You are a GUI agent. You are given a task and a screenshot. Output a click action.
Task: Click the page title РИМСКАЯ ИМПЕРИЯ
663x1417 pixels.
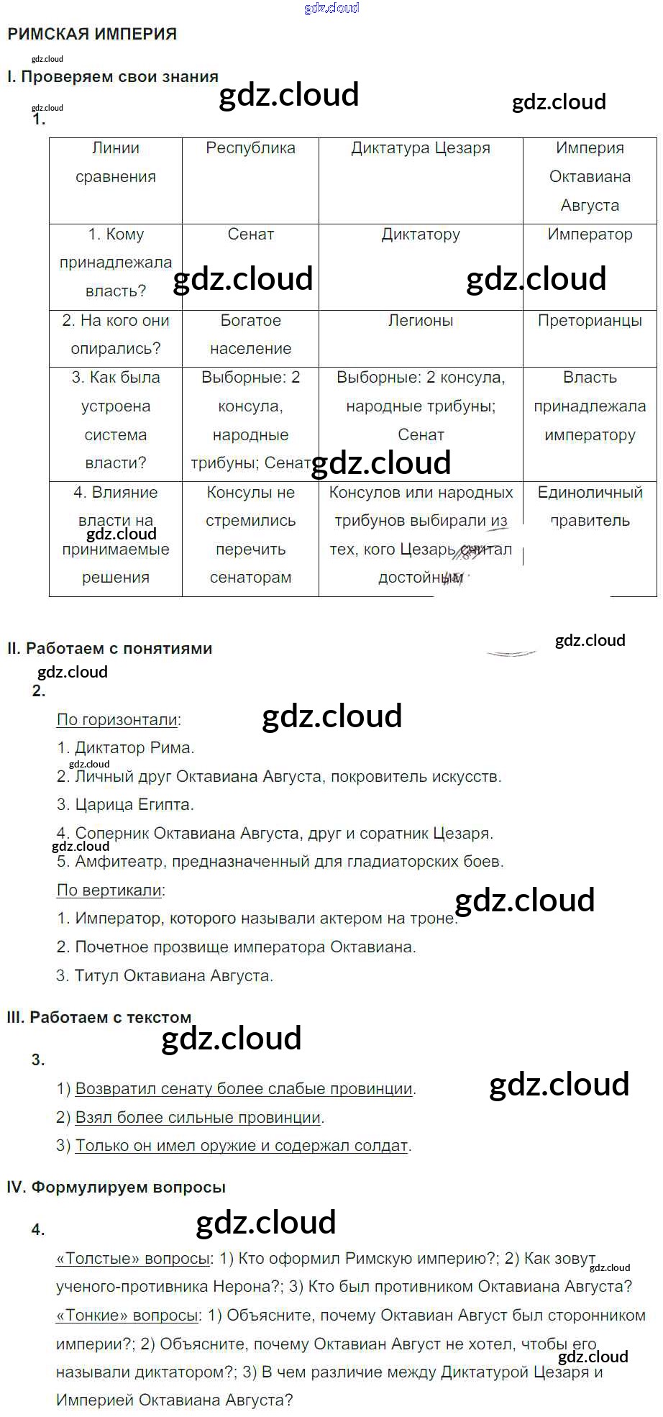coord(92,34)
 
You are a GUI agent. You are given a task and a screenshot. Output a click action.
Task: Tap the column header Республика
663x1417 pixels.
coord(250,148)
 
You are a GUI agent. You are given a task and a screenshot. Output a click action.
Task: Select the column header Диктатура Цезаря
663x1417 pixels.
coord(421,148)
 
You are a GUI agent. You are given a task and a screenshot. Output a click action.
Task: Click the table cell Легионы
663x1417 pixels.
coord(421,321)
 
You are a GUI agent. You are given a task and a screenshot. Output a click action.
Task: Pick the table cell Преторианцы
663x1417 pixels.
coord(590,321)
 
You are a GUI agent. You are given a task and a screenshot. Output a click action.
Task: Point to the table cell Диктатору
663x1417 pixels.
coord(421,234)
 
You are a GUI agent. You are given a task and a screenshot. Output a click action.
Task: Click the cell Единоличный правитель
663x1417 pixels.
coord(590,506)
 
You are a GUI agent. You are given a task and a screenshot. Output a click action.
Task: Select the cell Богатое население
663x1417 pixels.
coord(250,334)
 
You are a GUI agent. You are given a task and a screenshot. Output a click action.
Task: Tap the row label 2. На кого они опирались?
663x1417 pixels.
coord(116,334)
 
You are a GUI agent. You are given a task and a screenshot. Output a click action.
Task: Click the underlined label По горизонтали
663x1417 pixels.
coord(117,719)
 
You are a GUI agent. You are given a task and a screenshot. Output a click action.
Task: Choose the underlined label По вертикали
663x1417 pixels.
coord(109,890)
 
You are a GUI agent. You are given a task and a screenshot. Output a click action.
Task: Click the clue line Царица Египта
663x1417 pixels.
coord(126,804)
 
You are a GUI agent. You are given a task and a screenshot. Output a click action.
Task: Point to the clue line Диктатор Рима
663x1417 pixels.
coord(126,748)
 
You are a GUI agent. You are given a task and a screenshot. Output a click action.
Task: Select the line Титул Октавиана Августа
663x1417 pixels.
coord(165,976)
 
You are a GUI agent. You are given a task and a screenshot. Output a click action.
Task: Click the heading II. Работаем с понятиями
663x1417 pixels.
coord(110,648)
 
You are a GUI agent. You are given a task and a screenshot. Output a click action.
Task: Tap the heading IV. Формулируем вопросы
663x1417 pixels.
coord(116,1188)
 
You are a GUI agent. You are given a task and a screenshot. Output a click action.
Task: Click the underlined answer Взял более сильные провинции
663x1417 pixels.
coord(198,1118)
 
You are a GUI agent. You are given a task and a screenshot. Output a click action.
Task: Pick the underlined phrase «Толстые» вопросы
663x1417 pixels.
coord(133,1259)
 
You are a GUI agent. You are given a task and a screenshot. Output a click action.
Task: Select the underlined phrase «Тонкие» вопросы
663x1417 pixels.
coord(127,1316)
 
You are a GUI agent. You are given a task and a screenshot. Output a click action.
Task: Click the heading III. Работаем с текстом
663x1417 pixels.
coord(99,1017)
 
